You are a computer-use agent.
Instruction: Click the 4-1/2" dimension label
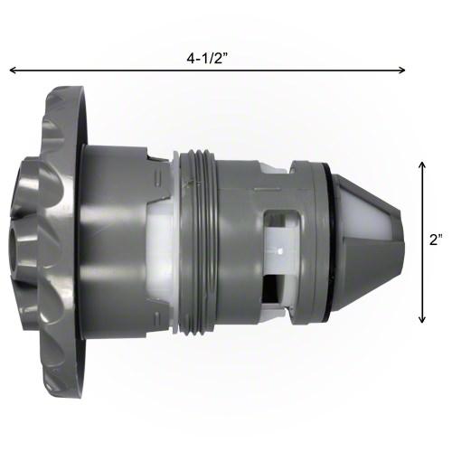click(x=206, y=59)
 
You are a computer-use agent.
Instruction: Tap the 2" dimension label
click(x=436, y=240)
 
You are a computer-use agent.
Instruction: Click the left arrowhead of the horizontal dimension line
click(x=13, y=71)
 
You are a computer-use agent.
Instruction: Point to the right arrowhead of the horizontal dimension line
click(x=402, y=71)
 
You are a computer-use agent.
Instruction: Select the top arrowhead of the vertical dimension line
click(x=422, y=165)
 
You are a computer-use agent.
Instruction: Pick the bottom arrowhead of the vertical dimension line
click(x=422, y=319)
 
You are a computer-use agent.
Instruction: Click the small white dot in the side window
click(x=281, y=250)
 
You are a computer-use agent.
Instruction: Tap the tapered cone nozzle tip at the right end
click(x=367, y=242)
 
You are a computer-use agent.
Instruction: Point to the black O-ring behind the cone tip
click(x=328, y=241)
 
